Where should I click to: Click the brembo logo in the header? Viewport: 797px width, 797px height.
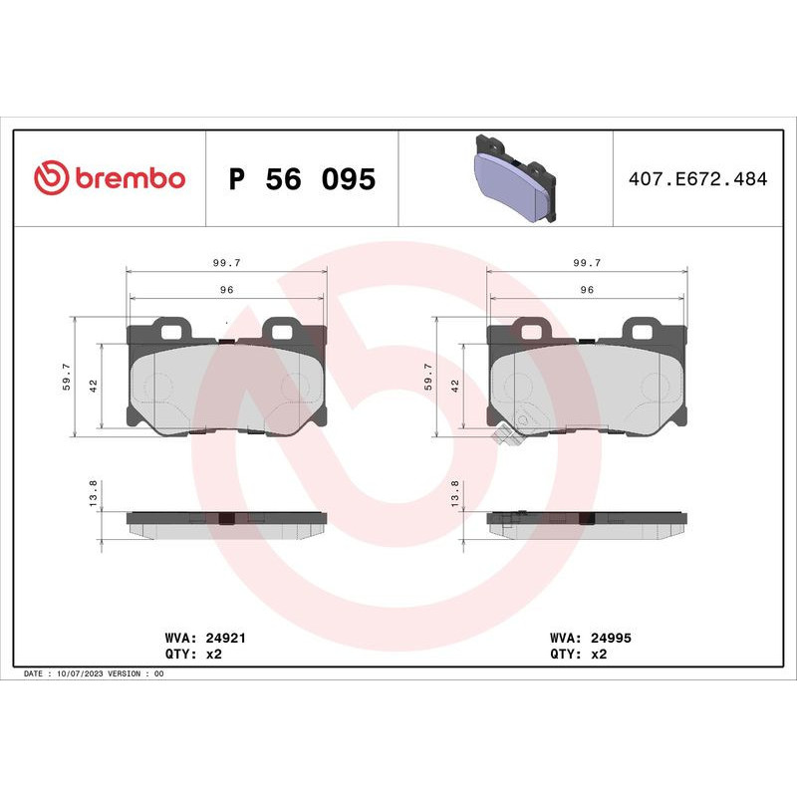point(110,178)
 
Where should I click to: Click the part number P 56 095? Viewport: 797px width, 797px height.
point(302,180)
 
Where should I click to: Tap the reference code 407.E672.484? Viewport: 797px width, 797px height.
point(697,180)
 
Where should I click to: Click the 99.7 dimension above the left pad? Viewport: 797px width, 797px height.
point(226,263)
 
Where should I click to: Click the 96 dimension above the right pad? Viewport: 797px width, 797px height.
point(586,289)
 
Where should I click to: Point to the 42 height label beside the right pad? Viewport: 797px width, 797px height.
point(453,387)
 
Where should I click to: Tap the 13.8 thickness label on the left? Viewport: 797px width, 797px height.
point(95,494)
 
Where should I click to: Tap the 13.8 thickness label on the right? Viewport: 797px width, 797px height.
point(453,494)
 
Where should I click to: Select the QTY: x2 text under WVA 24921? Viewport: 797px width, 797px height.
point(189,655)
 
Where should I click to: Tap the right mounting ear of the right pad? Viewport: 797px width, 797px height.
point(639,328)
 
